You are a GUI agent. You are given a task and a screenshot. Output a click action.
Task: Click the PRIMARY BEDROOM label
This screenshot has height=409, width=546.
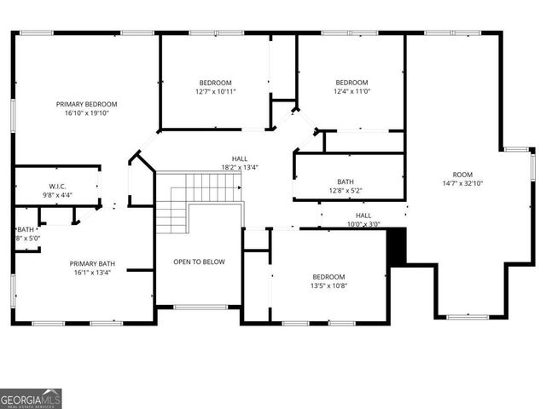tap(86, 104)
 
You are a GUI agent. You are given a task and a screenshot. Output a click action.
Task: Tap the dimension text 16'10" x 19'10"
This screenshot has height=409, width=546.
tap(86, 112)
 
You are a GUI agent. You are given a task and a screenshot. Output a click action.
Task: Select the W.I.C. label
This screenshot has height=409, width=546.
tap(57, 187)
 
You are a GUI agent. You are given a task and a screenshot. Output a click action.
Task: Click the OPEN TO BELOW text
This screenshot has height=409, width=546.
tap(199, 262)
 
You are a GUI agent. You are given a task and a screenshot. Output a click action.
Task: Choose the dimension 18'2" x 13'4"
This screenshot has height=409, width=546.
tap(240, 167)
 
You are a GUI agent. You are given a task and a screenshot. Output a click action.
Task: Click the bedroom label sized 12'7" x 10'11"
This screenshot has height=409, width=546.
tap(215, 83)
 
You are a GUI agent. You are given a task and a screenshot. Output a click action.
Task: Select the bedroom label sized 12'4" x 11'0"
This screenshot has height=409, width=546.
tap(351, 83)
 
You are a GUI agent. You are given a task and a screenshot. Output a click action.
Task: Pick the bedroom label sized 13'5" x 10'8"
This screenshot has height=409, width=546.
tap(328, 277)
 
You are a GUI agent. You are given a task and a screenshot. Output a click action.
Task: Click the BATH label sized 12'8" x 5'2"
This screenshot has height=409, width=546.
tap(345, 181)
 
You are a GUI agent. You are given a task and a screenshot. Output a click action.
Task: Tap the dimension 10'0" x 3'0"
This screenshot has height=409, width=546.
tap(363, 224)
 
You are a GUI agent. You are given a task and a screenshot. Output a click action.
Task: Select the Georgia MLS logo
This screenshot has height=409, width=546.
tap(31, 399)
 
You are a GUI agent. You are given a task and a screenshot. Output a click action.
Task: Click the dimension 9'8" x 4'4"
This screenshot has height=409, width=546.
tap(57, 195)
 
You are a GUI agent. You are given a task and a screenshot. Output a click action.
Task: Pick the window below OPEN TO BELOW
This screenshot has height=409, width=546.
tap(200, 307)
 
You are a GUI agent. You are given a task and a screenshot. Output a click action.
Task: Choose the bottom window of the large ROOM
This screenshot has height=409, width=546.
tap(467, 317)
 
